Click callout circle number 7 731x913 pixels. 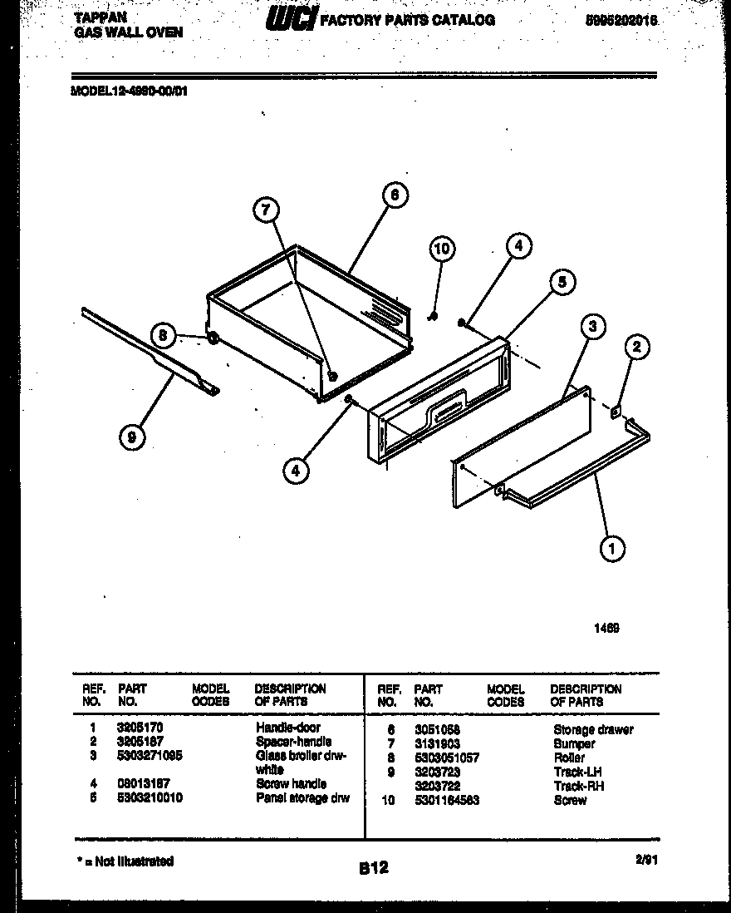pyautogui.click(x=266, y=211)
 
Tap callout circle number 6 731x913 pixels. pyautogui.click(x=395, y=195)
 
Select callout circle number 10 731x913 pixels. pyautogui.click(x=442, y=249)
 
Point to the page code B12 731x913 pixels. pyautogui.click(x=373, y=868)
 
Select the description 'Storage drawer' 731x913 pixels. pyautogui.click(x=592, y=729)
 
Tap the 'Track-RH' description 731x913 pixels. pyautogui.click(x=578, y=786)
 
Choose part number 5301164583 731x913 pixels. pyautogui.click(x=446, y=800)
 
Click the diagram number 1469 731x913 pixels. pyautogui.click(x=606, y=629)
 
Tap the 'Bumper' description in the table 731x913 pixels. pyautogui.click(x=574, y=743)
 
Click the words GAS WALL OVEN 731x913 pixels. pyautogui.click(x=129, y=32)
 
